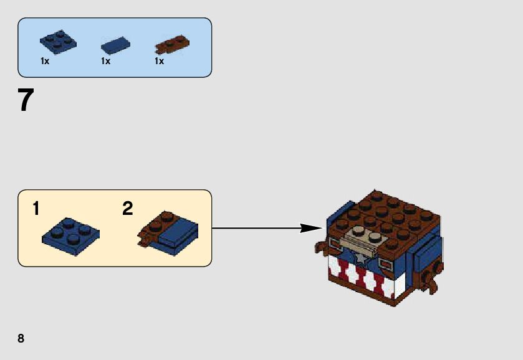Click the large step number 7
click(x=25, y=100)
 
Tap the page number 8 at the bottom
click(x=21, y=338)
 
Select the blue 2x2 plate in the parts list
click(x=57, y=41)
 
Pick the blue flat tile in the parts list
click(x=115, y=45)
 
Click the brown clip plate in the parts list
click(x=171, y=44)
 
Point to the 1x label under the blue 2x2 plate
click(x=45, y=62)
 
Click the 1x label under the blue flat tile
click(x=105, y=62)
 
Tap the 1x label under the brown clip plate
click(x=160, y=62)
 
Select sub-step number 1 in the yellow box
click(x=36, y=209)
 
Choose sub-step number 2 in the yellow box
click(x=128, y=209)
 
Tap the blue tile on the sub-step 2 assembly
click(x=178, y=231)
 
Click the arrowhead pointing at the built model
click(x=310, y=228)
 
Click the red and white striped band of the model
click(x=362, y=277)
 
